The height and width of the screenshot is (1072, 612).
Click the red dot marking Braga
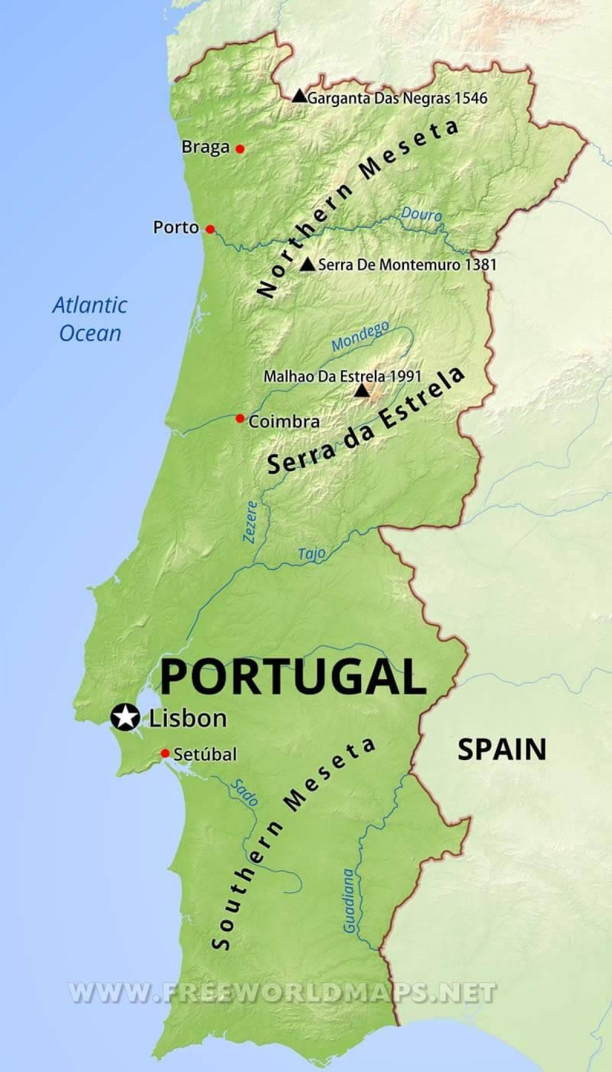(240, 149)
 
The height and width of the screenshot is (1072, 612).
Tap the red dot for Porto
(210, 229)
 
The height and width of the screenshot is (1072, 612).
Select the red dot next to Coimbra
(240, 419)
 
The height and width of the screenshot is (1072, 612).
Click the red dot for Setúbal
(165, 753)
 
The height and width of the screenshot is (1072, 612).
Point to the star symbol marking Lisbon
(125, 717)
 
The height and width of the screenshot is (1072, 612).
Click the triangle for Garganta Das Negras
(299, 96)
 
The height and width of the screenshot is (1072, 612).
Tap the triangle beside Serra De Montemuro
(307, 264)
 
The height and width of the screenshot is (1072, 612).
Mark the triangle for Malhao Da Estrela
(362, 390)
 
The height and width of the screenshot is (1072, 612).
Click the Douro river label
(421, 214)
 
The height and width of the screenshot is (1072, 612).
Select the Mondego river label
(360, 336)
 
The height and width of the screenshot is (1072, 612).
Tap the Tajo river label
(312, 554)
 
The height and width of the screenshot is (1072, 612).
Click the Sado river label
(245, 793)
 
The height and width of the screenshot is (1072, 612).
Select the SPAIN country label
(502, 749)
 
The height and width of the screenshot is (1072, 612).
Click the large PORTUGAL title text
(293, 676)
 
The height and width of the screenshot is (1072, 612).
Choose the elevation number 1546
(471, 98)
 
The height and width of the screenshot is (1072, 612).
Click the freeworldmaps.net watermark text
(282, 992)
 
